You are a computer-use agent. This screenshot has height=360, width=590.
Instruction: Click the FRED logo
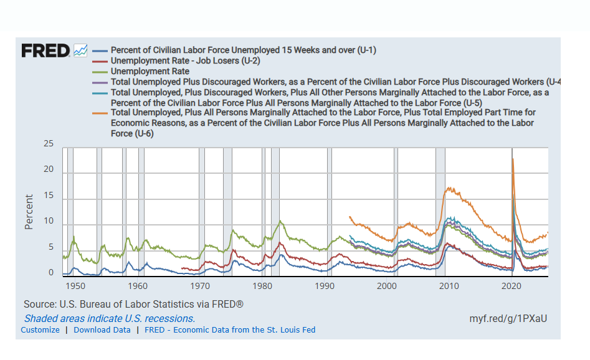[45, 50]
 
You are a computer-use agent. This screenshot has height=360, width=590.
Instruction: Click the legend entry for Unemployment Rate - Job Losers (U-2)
[185, 61]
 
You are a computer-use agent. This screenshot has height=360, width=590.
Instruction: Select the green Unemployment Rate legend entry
[150, 72]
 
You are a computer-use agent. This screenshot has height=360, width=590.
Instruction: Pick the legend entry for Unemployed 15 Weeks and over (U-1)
[243, 50]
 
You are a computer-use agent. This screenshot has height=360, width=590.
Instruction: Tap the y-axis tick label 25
[48, 144]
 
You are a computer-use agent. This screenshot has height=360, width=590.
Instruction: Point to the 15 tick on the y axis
[48, 196]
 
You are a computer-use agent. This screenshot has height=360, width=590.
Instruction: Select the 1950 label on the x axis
[75, 286]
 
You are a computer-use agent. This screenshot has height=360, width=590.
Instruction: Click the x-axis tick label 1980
[262, 286]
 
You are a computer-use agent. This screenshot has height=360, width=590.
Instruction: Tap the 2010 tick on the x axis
[449, 286]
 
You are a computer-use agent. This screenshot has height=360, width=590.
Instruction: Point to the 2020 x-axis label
[511, 286]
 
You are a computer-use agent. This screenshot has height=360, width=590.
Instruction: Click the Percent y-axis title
[29, 212]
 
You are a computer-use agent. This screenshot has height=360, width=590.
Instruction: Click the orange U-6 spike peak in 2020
[513, 159]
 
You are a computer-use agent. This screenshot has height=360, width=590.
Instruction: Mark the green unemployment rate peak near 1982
[280, 221]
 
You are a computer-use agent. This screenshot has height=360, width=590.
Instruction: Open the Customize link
[40, 329]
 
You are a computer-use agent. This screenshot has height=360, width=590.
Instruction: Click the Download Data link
[102, 329]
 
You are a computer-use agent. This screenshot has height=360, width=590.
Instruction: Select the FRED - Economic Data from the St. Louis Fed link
[230, 329]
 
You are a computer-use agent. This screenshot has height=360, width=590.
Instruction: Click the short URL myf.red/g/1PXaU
[508, 318]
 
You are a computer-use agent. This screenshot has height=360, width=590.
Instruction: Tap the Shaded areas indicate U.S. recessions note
[109, 318]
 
